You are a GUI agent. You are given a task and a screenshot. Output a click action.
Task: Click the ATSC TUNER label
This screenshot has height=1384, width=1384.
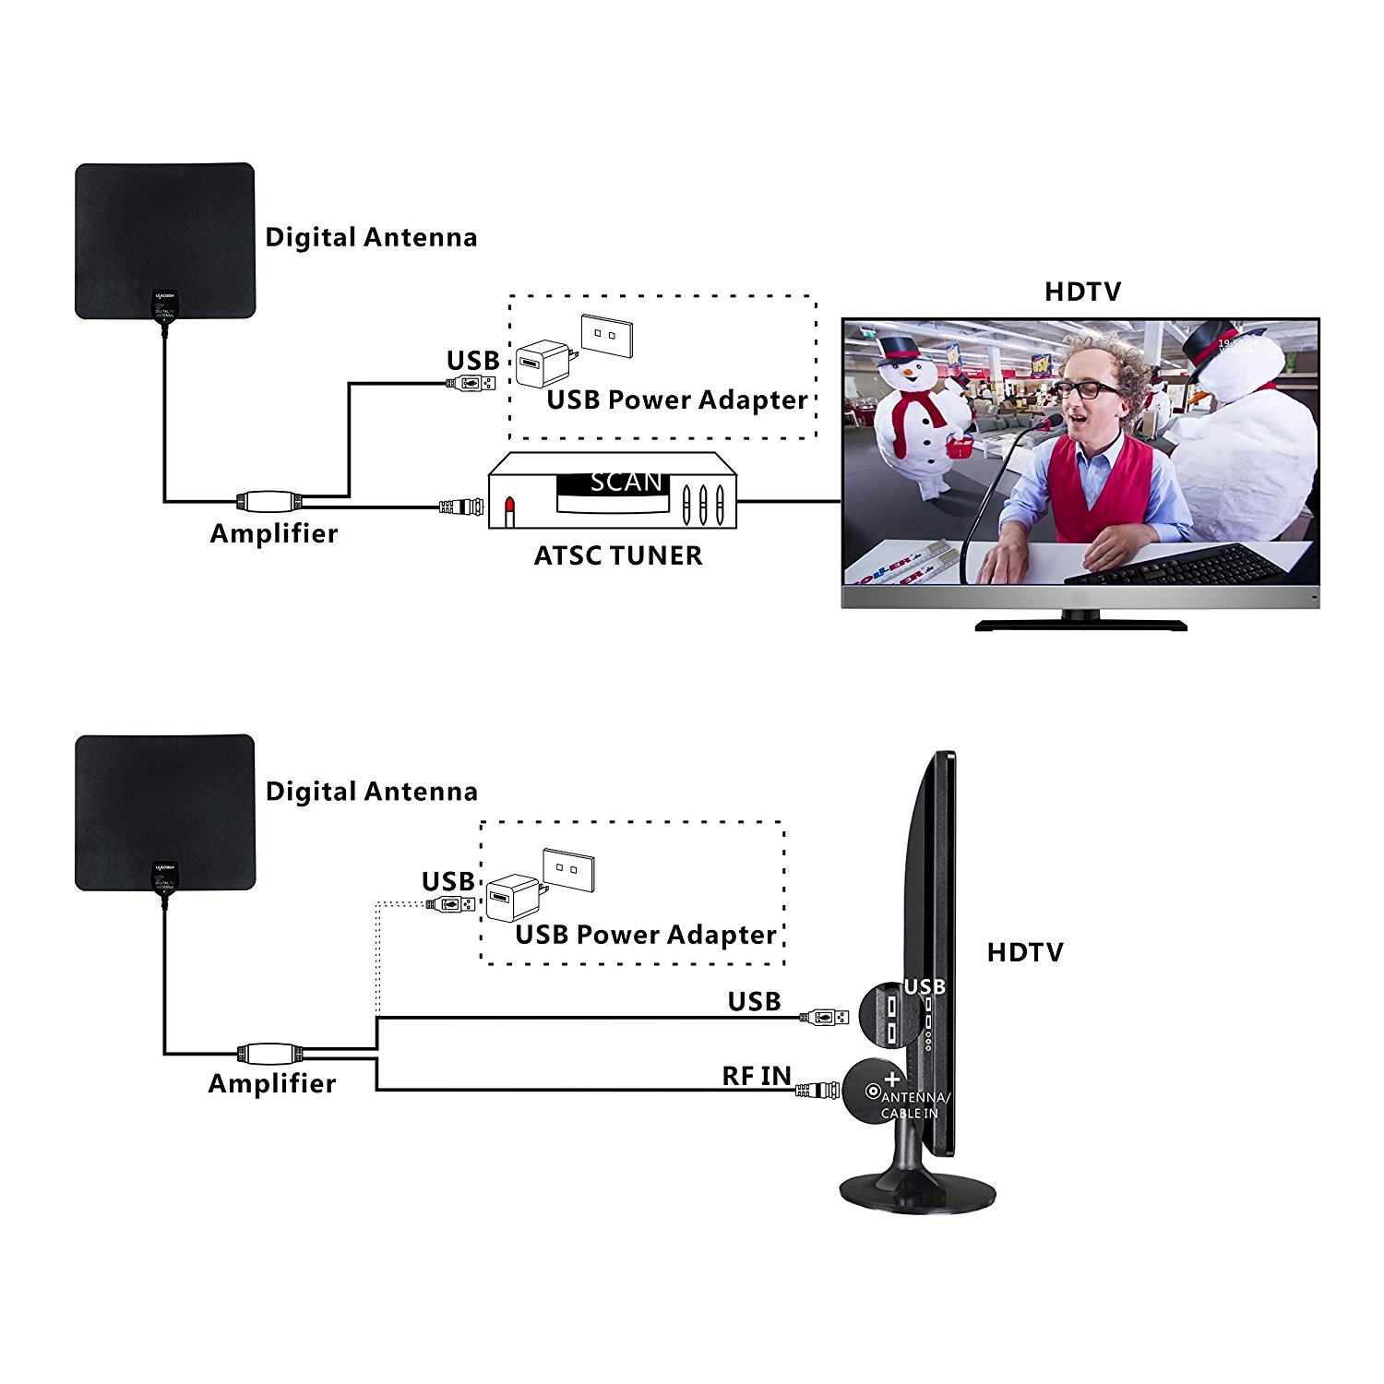(618, 555)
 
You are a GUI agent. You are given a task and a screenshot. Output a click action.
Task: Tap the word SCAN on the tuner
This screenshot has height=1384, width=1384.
(626, 482)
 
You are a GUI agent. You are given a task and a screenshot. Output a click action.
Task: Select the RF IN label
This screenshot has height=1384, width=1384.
(757, 1076)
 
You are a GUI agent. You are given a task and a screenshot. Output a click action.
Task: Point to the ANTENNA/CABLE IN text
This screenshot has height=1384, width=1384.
(913, 1105)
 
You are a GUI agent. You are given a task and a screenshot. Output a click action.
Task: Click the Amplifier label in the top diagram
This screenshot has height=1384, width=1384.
(274, 533)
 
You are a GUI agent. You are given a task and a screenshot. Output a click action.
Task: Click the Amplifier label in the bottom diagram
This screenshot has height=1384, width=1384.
(272, 1083)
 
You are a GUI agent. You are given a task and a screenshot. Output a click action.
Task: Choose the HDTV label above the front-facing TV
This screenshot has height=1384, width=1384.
(1082, 292)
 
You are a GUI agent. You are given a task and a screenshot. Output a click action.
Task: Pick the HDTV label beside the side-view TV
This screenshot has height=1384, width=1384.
(1025, 952)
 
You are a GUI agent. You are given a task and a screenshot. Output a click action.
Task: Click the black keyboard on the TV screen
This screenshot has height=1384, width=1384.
(1181, 563)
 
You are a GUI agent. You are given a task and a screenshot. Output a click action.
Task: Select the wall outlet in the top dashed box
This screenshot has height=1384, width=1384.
(606, 336)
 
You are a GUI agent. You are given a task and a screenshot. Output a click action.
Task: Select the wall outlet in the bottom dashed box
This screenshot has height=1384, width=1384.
(568, 869)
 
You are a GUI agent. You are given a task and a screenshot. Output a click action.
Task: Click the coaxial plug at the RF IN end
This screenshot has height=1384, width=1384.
(817, 1091)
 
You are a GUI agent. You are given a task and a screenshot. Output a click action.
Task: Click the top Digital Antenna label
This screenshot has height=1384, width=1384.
(371, 237)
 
